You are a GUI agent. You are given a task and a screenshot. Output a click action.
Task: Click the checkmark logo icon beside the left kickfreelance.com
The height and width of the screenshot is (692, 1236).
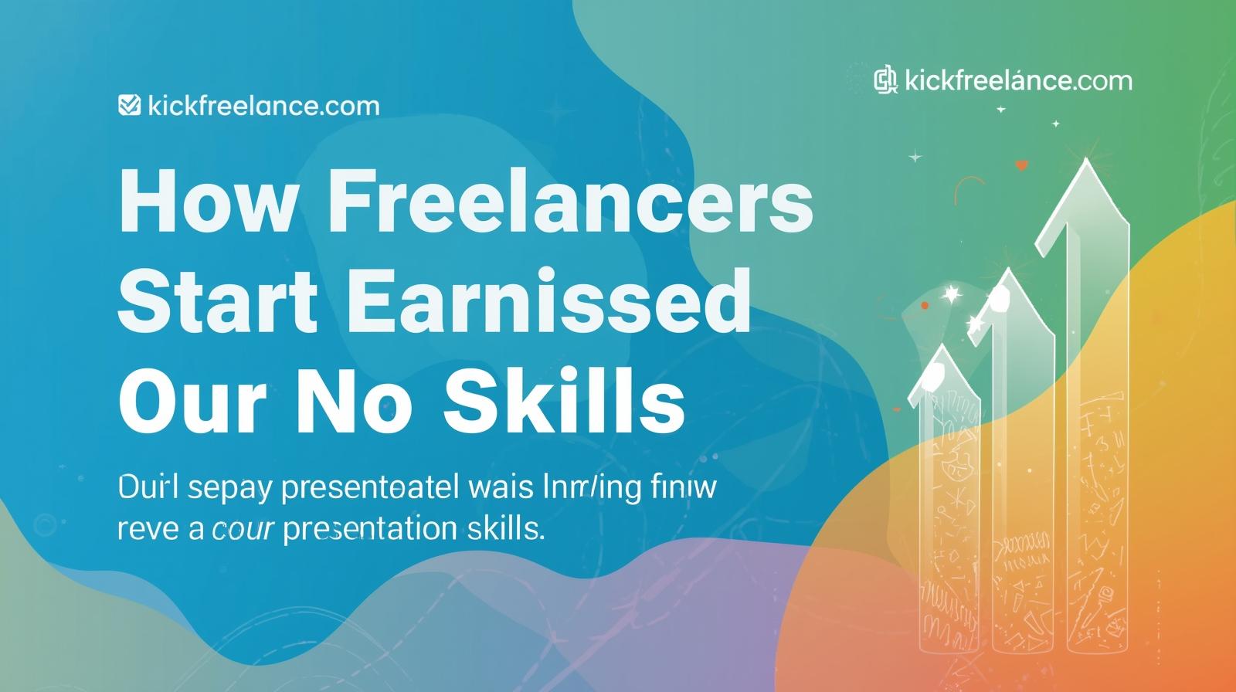point(128,104)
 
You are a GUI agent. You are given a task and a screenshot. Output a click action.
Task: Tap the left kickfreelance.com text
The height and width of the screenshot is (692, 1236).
point(263,105)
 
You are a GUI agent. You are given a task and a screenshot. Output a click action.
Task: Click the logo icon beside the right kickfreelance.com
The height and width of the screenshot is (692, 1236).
point(885,80)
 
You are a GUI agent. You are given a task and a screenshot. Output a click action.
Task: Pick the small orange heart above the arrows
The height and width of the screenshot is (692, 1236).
point(1022,165)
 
